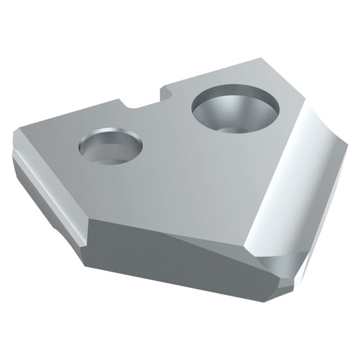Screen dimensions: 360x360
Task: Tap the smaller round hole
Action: click(110, 146)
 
